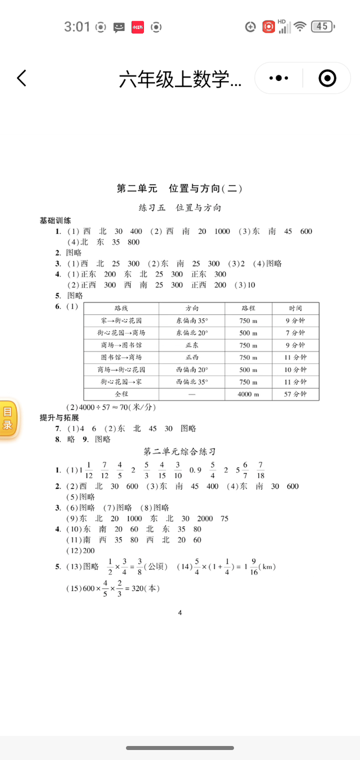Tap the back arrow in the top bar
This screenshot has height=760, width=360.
click(21, 78)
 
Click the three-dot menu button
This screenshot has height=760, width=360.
click(279, 78)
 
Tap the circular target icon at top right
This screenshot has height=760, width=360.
click(327, 78)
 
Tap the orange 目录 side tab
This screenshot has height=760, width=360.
click(8, 419)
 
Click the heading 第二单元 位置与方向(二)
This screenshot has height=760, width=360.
click(179, 189)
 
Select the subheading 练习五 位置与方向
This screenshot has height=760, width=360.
click(180, 208)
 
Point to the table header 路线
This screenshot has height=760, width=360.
click(121, 308)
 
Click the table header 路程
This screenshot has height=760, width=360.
click(248, 308)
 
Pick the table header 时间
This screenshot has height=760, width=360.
click(295, 308)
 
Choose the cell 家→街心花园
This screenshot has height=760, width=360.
click(121, 321)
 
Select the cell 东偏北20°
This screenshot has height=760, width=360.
click(192, 333)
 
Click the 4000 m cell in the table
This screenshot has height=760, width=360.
click(248, 394)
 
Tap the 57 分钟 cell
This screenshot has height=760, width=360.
click(295, 394)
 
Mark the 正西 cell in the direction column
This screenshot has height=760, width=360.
click(192, 357)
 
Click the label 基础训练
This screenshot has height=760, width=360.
click(55, 220)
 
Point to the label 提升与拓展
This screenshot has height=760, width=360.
click(59, 417)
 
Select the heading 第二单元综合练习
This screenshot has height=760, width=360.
click(180, 452)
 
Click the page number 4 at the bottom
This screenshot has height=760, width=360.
click(180, 613)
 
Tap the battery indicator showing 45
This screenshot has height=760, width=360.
click(322, 26)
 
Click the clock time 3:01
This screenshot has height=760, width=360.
click(77, 26)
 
